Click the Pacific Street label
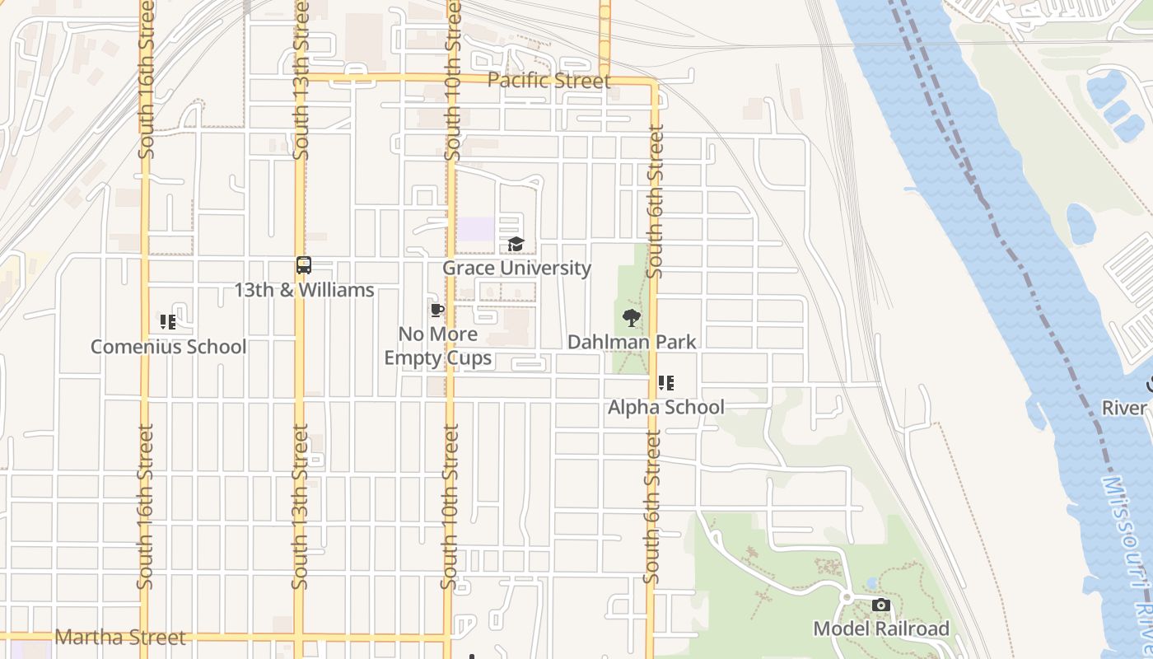(x=548, y=81)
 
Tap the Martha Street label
(x=120, y=638)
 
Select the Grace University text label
(x=516, y=268)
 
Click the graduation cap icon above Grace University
(x=516, y=244)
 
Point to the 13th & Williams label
(x=304, y=290)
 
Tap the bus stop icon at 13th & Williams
(x=304, y=265)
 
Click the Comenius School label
(x=168, y=346)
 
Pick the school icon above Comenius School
(x=168, y=322)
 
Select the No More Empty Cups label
(x=438, y=346)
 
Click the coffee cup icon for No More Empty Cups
(x=437, y=311)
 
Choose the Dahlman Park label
(x=632, y=342)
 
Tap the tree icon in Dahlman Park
(x=631, y=318)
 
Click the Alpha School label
(x=665, y=407)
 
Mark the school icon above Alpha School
(x=665, y=383)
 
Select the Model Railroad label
(x=881, y=629)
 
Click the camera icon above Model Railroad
(x=881, y=605)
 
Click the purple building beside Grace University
(x=476, y=229)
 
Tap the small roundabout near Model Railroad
(x=846, y=597)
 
